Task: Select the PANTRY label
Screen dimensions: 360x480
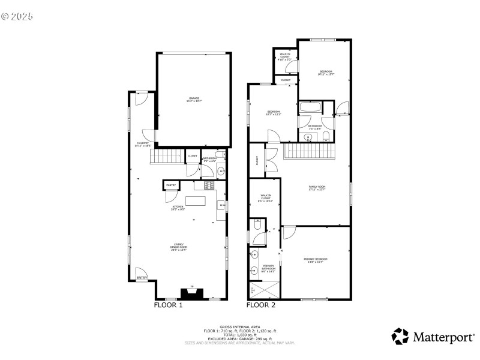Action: pos(171,185)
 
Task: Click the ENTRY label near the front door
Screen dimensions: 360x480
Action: pos(142,278)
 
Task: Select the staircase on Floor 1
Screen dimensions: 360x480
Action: pos(167,158)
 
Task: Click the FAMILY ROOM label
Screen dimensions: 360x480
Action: pos(316,188)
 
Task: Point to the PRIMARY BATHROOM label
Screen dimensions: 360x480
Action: pos(268,268)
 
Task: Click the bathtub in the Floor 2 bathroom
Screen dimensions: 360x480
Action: pos(310,109)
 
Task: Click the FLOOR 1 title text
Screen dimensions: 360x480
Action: pos(168,305)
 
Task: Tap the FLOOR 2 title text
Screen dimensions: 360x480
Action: pos(261,305)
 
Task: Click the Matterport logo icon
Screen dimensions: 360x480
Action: pos(400,337)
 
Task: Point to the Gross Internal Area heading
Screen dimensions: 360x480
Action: pos(240,327)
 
